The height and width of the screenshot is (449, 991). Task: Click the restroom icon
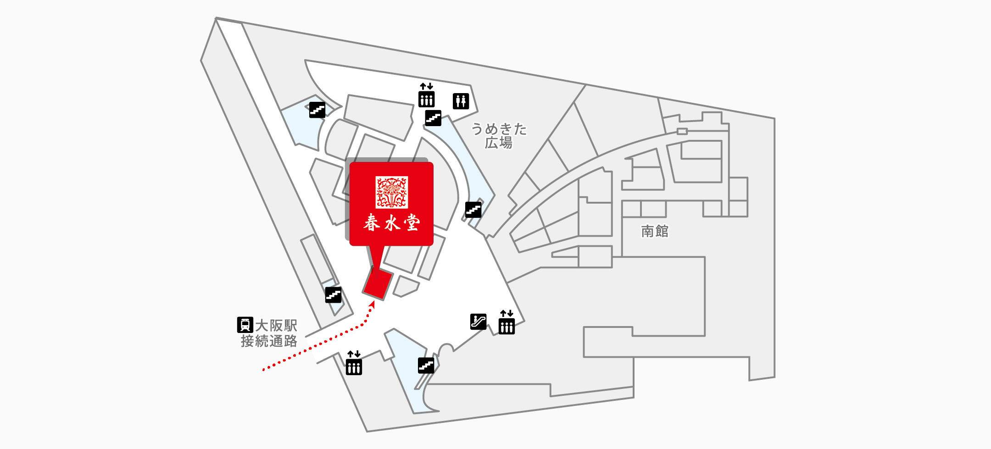click(x=461, y=101)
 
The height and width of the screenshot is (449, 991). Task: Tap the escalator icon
click(x=478, y=322)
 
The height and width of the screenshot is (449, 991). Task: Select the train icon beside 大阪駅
click(x=245, y=325)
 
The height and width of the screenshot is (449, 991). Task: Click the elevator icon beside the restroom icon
click(x=426, y=95)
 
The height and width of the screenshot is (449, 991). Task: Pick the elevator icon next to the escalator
click(x=507, y=322)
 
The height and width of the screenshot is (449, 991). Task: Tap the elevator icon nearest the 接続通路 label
click(x=354, y=363)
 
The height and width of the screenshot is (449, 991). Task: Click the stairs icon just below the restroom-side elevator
click(x=433, y=118)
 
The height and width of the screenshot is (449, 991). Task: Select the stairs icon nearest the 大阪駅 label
click(x=333, y=295)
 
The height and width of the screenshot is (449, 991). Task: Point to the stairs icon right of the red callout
click(x=473, y=210)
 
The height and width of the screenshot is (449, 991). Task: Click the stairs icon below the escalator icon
click(x=426, y=366)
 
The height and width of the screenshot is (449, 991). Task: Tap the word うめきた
click(x=499, y=129)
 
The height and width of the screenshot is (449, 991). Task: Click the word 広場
click(x=499, y=143)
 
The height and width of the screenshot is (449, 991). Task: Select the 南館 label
click(x=655, y=231)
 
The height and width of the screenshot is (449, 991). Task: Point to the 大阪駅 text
click(x=276, y=326)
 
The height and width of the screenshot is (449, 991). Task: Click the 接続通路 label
click(x=269, y=341)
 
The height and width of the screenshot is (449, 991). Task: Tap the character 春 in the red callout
click(x=372, y=223)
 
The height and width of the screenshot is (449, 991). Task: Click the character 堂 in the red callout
click(x=412, y=223)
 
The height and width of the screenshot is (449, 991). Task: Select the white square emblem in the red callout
click(x=392, y=192)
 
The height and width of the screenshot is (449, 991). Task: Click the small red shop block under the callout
click(x=378, y=283)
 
